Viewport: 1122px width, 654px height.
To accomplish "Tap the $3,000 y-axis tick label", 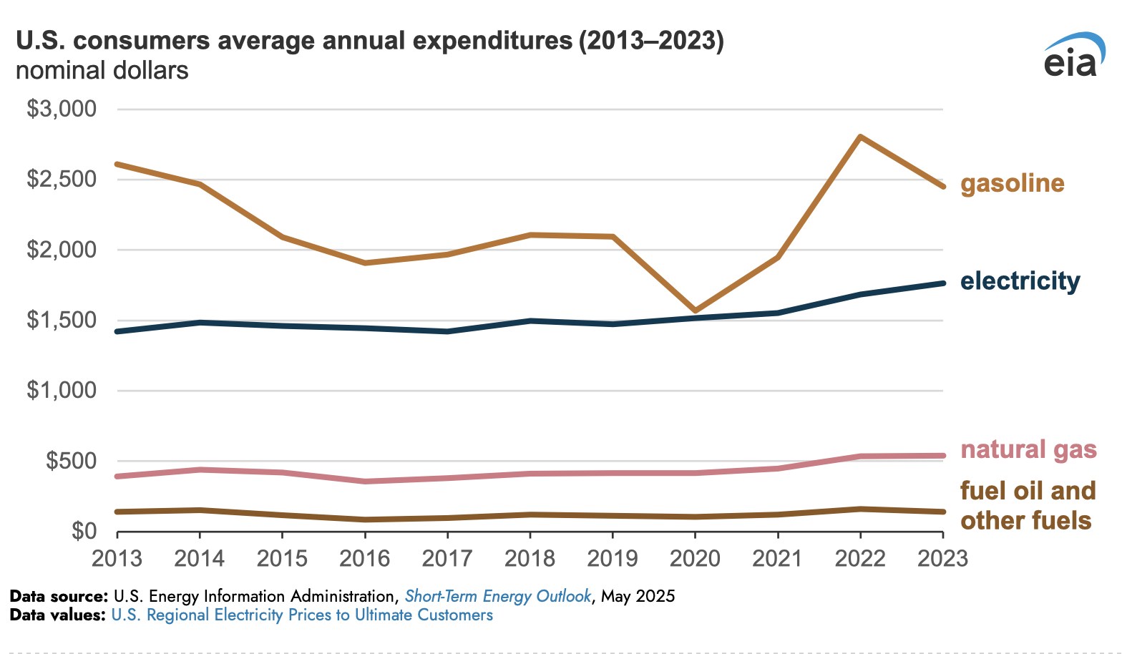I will [x=62, y=109].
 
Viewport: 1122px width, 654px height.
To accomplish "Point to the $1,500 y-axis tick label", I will [x=62, y=321].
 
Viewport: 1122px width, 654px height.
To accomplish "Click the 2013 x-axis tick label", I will [x=117, y=558].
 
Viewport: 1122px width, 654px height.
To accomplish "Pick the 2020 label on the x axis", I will [x=695, y=558].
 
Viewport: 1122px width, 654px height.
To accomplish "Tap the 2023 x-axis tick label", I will [x=942, y=558].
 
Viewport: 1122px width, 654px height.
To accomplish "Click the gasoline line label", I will [x=1012, y=184].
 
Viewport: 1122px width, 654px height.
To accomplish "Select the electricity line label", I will [x=1020, y=281].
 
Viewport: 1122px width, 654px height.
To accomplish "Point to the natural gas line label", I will [x=1028, y=449].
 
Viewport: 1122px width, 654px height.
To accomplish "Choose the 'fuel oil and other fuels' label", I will [x=1028, y=505].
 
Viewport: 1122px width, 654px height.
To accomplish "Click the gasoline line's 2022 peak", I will [x=860, y=137].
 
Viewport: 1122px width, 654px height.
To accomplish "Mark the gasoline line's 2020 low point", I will [x=695, y=311].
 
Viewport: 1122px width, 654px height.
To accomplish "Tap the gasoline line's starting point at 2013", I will [x=118, y=165].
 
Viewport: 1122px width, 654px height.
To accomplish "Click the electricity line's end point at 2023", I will [x=942, y=283].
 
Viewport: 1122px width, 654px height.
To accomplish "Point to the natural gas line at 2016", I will [x=365, y=482].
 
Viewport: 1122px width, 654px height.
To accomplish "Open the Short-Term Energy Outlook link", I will [x=498, y=596].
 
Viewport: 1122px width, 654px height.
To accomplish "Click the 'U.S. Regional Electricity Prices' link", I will [x=302, y=615].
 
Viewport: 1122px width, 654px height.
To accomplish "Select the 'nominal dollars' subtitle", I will [x=102, y=71].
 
